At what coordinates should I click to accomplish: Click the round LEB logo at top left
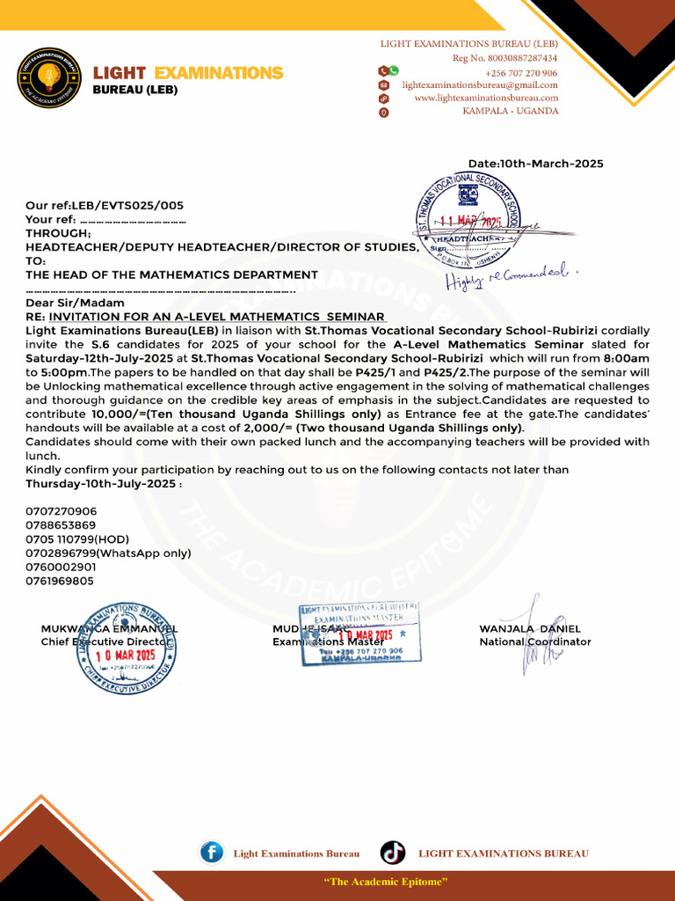[x=49, y=77]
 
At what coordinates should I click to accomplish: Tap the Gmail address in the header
[x=480, y=85]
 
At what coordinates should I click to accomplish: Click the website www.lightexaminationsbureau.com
[x=485, y=99]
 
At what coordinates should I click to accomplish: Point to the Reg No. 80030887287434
[x=504, y=58]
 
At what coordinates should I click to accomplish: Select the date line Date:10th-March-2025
[x=535, y=164]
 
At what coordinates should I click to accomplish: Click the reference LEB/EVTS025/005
[x=128, y=205]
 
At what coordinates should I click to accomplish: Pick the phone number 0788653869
[x=61, y=525]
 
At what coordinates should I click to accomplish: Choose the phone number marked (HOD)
[x=77, y=539]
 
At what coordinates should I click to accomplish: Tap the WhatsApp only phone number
[x=107, y=553]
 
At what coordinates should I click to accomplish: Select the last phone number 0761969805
[x=60, y=582]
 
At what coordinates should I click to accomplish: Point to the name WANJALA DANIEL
[x=530, y=629]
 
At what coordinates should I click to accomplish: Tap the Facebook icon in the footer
[x=212, y=853]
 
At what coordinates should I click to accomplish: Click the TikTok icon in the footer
[x=393, y=853]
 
